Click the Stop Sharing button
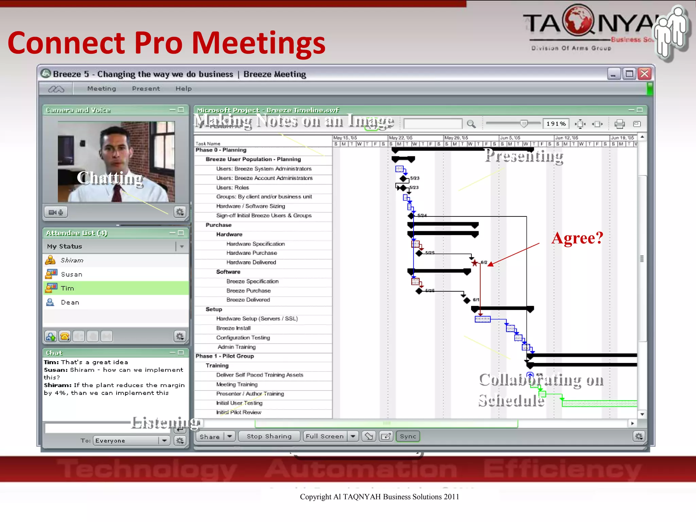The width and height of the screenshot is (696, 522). (269, 436)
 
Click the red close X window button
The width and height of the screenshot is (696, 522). (644, 74)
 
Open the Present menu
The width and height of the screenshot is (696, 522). (146, 89)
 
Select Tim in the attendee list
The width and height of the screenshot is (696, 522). (67, 288)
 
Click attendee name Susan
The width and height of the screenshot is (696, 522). (71, 274)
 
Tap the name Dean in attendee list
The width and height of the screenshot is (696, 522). (70, 302)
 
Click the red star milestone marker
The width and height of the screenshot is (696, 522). (474, 263)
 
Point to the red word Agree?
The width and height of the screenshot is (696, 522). (577, 238)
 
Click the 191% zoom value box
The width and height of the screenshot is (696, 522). (556, 124)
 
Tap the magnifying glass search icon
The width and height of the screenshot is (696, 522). (471, 124)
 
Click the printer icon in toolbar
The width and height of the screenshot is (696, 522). (619, 124)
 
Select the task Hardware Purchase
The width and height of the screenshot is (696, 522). (251, 253)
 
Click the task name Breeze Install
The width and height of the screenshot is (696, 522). (233, 328)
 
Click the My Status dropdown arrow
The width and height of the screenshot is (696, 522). (182, 246)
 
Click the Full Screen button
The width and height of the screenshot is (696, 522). (325, 436)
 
